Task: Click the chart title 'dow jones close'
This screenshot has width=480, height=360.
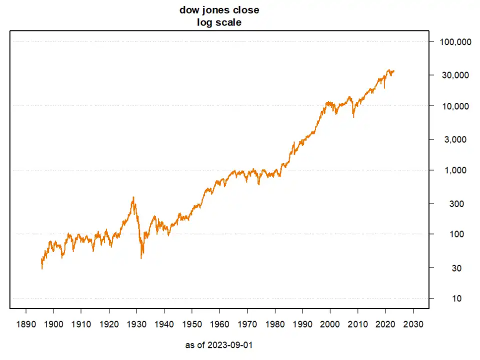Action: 219,10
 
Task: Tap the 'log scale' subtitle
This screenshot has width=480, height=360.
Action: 219,22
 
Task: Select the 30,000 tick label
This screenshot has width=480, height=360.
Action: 455,75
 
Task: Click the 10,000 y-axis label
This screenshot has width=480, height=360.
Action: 455,106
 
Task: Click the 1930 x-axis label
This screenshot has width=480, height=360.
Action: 136,323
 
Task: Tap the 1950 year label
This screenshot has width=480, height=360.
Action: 192,323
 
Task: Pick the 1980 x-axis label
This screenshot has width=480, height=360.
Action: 275,323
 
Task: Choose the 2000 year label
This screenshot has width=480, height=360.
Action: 330,323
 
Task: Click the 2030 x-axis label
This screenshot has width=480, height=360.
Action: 413,323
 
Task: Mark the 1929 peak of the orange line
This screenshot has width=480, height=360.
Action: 133,197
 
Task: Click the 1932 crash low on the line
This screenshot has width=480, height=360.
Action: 141,258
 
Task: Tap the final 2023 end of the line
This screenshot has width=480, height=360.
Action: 394,71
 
